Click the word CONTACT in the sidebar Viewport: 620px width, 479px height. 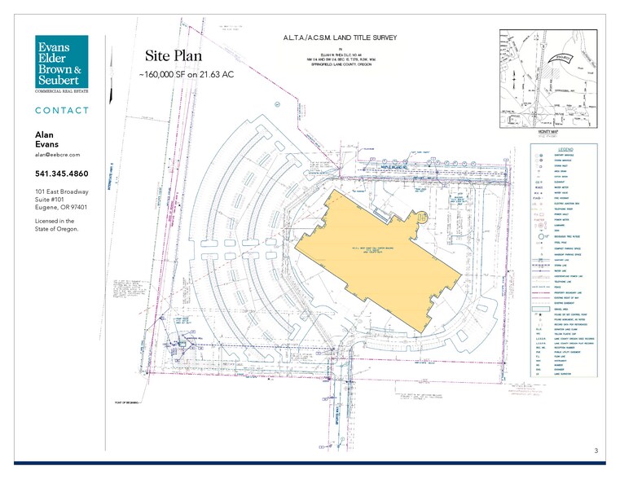[63, 110]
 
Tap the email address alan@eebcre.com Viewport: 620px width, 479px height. [57, 154]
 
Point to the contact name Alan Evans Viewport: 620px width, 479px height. [47, 139]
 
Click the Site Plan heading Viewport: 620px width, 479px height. [173, 56]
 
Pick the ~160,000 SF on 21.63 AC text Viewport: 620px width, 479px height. [187, 74]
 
